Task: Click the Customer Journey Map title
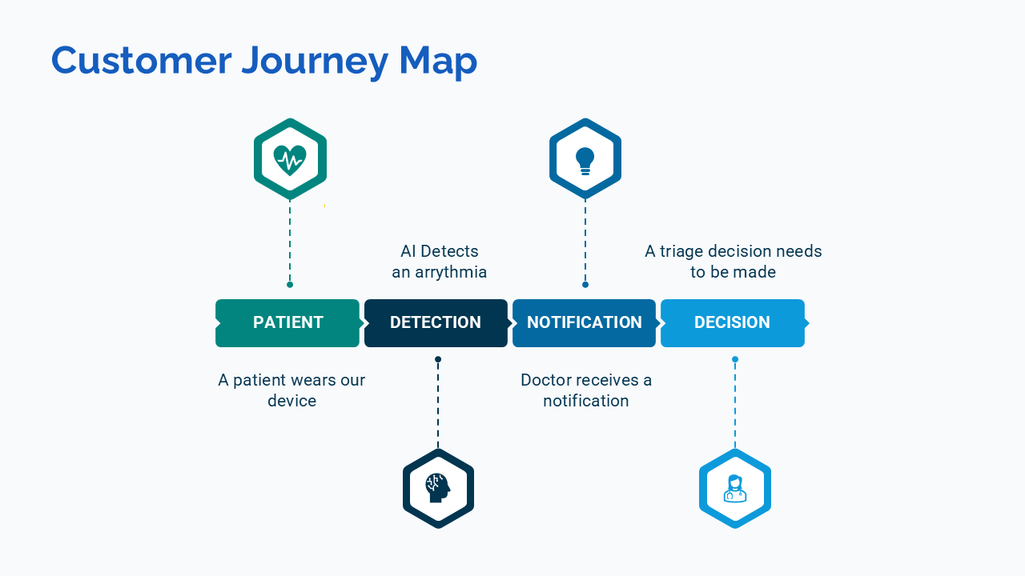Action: coord(264,61)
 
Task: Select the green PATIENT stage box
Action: coord(287,322)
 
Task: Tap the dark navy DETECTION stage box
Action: coord(436,322)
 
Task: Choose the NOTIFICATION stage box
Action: coord(584,322)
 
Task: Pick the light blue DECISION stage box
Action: coord(732,322)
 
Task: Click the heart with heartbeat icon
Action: coord(290,159)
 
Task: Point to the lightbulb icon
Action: coord(585,159)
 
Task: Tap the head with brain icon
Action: coord(438,487)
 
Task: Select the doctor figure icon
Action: coord(735,488)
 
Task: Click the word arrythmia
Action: coord(451,272)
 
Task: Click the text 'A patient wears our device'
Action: coord(291,390)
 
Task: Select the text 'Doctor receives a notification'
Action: coord(586,390)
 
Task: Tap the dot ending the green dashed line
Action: coord(290,285)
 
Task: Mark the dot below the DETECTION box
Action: coord(438,359)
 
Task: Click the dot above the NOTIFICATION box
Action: coord(585,285)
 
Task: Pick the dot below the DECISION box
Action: coord(735,359)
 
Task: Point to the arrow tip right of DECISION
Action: coord(807,322)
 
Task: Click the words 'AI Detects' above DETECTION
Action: coord(439,251)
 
